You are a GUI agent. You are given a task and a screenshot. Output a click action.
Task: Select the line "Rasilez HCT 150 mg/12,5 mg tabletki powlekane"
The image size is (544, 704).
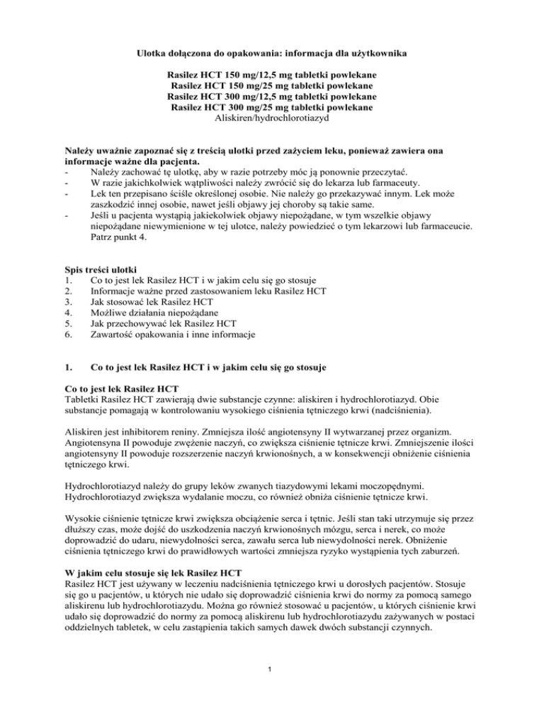pos(271,74)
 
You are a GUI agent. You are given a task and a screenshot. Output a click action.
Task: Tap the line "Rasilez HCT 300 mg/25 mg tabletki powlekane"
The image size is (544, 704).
pos(271,107)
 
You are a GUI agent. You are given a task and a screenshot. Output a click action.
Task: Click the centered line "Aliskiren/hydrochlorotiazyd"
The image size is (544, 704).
pos(271,118)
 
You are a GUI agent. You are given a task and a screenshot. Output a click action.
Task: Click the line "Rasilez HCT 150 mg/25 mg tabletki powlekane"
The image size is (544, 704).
pos(271,85)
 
